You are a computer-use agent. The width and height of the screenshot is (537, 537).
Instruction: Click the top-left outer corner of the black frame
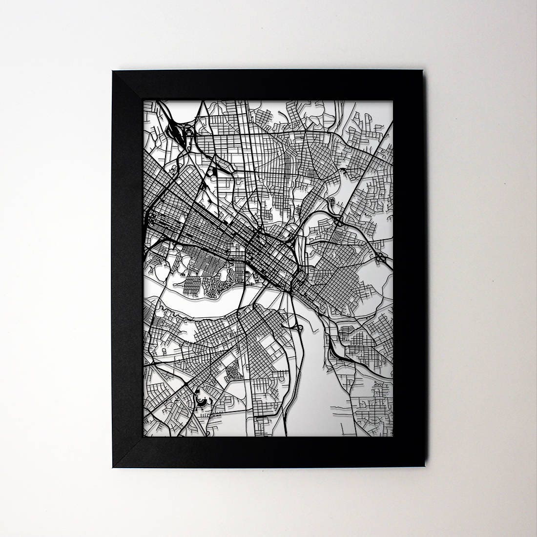(x=112, y=71)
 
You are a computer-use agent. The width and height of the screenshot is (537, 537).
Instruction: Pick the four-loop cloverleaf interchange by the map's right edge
(x=380, y=256)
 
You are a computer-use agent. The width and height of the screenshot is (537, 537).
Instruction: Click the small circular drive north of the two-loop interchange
(x=332, y=201)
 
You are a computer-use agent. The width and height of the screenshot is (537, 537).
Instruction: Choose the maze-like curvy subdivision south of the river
(x=233, y=372)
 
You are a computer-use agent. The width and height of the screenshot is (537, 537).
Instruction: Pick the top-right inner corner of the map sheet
(x=393, y=101)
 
